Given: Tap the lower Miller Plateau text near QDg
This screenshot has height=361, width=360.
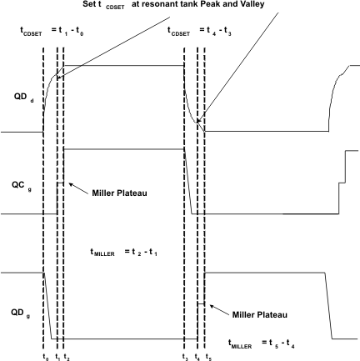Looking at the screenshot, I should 259,315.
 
